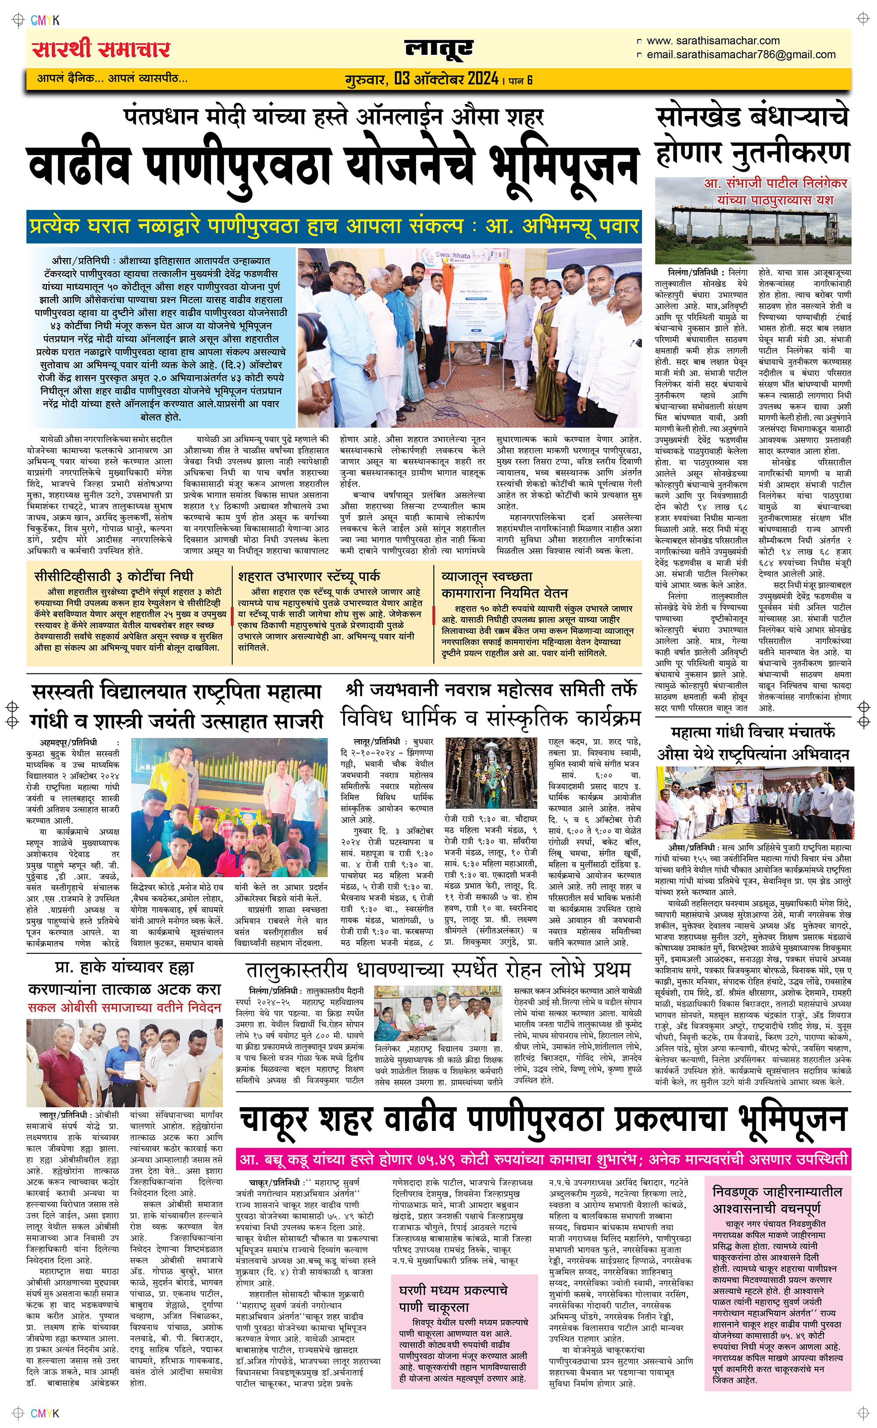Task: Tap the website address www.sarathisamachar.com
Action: [x=713, y=41]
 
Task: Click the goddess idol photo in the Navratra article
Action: [x=491, y=773]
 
